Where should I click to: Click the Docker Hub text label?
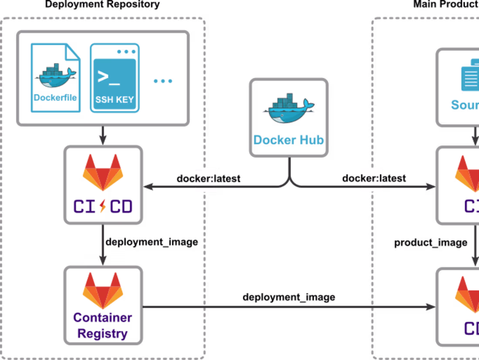click(288, 140)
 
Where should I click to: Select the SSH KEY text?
click(115, 99)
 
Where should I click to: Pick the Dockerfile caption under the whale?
click(56, 97)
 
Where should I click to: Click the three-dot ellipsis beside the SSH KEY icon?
click(163, 81)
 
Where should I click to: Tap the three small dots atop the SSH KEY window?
click(126, 51)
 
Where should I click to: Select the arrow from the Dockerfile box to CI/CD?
click(103, 135)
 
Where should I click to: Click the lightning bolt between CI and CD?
click(103, 206)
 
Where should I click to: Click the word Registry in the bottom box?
click(103, 334)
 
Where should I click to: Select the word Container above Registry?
click(103, 318)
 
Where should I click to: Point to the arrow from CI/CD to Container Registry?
click(103, 245)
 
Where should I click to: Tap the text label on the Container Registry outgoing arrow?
click(289, 298)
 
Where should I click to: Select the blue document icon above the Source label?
click(470, 78)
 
